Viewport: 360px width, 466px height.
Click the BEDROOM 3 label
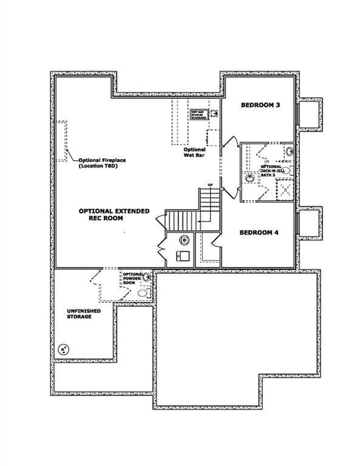point(260,105)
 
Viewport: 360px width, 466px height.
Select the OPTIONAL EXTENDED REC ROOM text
point(114,216)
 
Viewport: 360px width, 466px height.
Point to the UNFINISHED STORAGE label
point(79,313)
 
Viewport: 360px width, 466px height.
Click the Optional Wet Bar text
point(194,152)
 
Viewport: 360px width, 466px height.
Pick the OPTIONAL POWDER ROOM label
point(132,277)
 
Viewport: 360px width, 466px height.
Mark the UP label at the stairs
point(210,184)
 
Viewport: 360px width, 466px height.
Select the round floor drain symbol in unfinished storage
point(63,350)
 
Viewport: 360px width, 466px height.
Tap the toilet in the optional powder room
point(143,292)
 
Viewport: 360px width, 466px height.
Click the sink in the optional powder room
point(147,277)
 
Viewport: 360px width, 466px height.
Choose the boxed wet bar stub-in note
point(199,114)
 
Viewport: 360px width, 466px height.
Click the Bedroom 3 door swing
point(231,142)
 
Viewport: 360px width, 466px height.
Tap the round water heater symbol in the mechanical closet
point(183,239)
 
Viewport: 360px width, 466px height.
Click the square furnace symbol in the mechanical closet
point(182,255)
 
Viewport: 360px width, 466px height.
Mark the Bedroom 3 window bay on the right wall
point(310,113)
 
